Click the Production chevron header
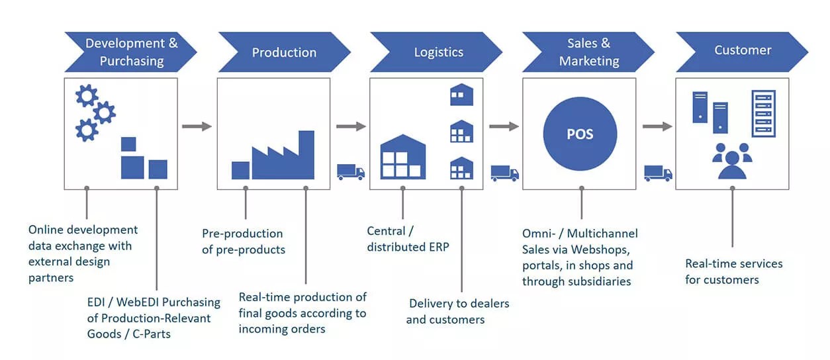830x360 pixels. [284, 52]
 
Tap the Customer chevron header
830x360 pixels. [742, 52]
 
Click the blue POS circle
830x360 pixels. [580, 134]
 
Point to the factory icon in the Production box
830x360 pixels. [273, 155]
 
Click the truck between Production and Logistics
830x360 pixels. [351, 172]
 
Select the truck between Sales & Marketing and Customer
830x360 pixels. [658, 173]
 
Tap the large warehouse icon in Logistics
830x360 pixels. [403, 157]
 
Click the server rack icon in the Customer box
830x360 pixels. [763, 113]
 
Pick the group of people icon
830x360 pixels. [732, 161]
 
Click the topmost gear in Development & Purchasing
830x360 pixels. [87, 95]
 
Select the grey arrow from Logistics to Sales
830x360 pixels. [504, 126]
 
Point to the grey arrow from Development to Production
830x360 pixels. [197, 126]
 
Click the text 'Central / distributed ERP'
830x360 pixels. [408, 239]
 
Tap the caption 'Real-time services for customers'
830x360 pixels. [733, 271]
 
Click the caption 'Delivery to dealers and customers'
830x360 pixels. [457, 312]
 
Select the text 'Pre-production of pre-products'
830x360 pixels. [244, 242]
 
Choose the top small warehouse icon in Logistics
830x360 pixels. [462, 95]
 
